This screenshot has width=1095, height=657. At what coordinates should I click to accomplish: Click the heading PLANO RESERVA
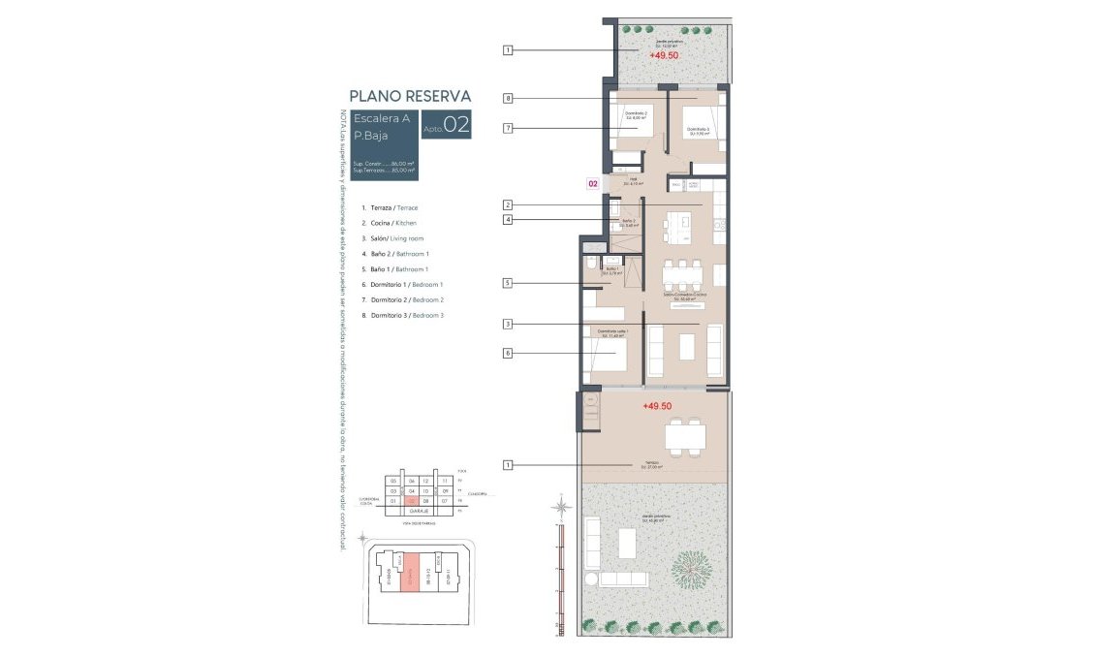[410, 96]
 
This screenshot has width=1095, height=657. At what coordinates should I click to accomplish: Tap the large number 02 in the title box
[456, 125]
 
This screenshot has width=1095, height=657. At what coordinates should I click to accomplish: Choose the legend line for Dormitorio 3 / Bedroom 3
[402, 316]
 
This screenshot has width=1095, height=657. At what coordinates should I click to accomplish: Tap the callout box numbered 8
[507, 98]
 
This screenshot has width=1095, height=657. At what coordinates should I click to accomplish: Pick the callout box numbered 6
[507, 354]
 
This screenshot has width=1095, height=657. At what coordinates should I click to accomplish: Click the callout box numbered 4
[507, 220]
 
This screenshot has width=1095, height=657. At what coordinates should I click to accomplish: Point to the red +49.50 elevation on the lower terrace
[657, 407]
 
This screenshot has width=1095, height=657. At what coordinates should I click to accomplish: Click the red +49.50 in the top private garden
[664, 56]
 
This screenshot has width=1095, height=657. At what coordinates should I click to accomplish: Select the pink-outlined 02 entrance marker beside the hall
[592, 182]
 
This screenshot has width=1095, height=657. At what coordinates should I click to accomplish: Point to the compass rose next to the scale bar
[559, 505]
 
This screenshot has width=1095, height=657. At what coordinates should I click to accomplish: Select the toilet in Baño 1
[590, 265]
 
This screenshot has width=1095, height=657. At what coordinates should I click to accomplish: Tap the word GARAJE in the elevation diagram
[418, 513]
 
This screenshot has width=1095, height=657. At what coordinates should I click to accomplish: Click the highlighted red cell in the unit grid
[412, 502]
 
